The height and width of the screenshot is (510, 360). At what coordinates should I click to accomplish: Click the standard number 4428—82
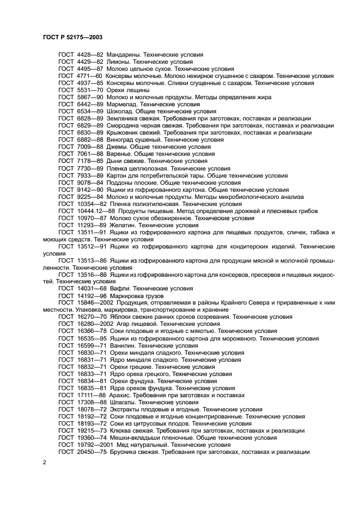88,55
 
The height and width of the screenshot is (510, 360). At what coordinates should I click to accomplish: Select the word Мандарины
125,55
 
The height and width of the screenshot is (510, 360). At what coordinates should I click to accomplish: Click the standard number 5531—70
88,90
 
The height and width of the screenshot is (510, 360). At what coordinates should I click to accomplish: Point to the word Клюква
120,430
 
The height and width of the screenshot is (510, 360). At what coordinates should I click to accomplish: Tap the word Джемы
120,147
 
